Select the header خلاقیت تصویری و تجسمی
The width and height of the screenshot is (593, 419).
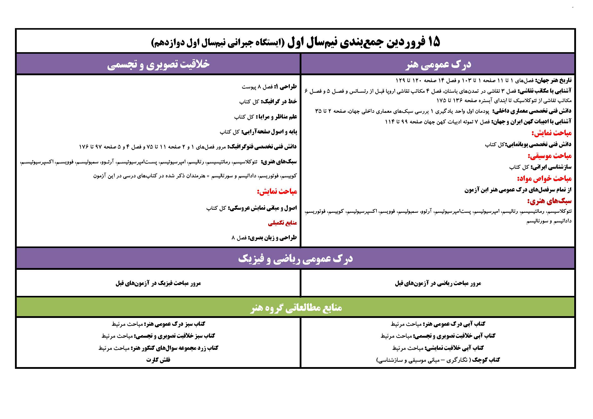coord(158,64)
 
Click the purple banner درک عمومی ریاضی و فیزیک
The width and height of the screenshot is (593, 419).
coord(295,259)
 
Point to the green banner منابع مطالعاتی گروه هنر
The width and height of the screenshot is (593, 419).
coord(296,307)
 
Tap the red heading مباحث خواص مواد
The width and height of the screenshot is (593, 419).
coord(544,179)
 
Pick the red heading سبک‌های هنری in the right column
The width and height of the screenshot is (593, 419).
coord(549,201)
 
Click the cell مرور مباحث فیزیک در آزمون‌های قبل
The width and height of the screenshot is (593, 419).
coord(158,283)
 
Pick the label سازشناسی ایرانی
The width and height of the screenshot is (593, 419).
coord(551,167)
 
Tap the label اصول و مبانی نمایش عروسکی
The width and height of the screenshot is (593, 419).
coord(262,208)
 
